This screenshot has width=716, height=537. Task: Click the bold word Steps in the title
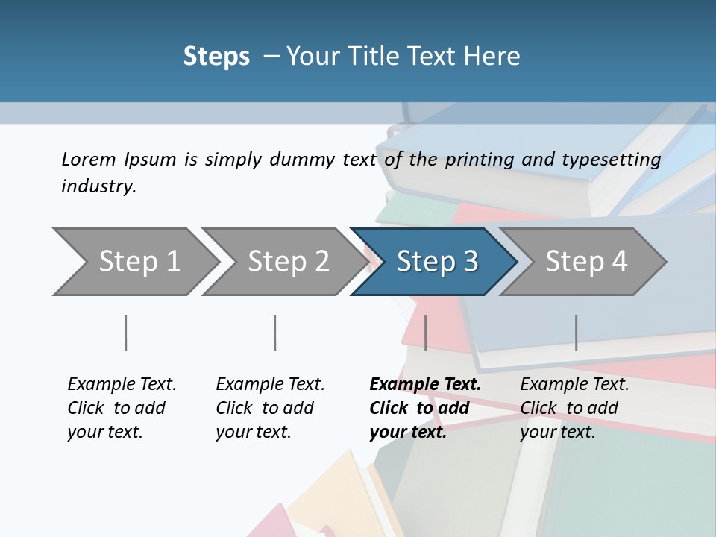tap(216, 57)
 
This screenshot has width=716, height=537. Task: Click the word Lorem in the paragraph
tap(89, 159)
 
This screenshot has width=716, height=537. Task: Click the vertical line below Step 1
tap(125, 333)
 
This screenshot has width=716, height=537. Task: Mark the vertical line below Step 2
tap(275, 333)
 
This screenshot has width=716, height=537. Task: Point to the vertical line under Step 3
tap(425, 333)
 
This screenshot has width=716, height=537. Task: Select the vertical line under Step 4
tap(576, 333)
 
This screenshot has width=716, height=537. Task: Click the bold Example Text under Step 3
tap(425, 385)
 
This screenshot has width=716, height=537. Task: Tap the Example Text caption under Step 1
tap(122, 385)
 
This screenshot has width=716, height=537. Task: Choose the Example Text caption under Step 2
tap(270, 385)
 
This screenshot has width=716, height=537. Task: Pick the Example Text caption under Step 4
tap(574, 385)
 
